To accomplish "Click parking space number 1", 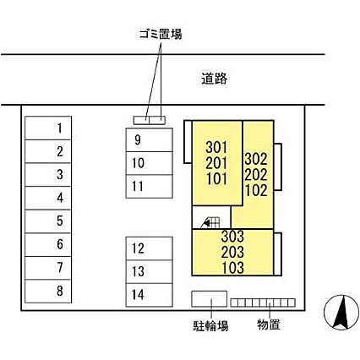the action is coord(48,128).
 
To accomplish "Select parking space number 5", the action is coord(48,221).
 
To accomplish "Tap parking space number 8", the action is coord(48,292).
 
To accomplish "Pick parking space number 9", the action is coord(149,140).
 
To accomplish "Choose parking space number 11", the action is coord(149,187).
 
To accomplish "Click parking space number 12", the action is coord(149,248).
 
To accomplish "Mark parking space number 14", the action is coord(149,295).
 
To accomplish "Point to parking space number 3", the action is coord(48,175).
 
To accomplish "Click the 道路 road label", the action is coord(214,79).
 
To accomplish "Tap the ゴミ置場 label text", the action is coord(161,34).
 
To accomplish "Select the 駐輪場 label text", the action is coord(210,325).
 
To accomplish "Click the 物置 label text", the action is coord(269,325).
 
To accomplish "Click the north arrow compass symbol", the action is coord(341,313).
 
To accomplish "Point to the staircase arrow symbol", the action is coord(207,223).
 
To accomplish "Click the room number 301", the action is coord(216,147).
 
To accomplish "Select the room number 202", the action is coord(256,175).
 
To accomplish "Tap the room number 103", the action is coord(232,268).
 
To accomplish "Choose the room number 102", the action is coord(256,191).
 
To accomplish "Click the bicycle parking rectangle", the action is coord(210,298).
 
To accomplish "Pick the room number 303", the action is coord(232,237).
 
